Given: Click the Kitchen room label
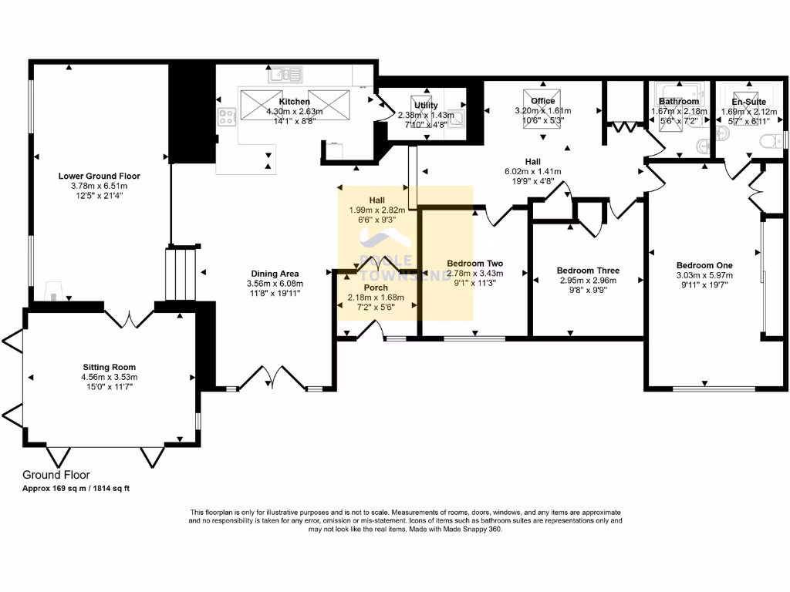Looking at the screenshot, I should click(x=294, y=102).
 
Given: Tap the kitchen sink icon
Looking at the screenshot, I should click(x=285, y=75).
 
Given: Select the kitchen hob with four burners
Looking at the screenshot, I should click(x=228, y=117).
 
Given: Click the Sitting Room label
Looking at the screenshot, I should click(x=110, y=367).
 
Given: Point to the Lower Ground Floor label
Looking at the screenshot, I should click(x=100, y=176).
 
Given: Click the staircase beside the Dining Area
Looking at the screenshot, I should click(x=182, y=273).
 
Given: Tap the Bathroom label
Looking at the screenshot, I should click(x=678, y=102).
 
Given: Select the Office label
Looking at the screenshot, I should click(x=543, y=101).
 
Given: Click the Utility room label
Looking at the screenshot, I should click(x=426, y=106).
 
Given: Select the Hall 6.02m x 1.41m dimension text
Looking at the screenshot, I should click(x=533, y=171).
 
